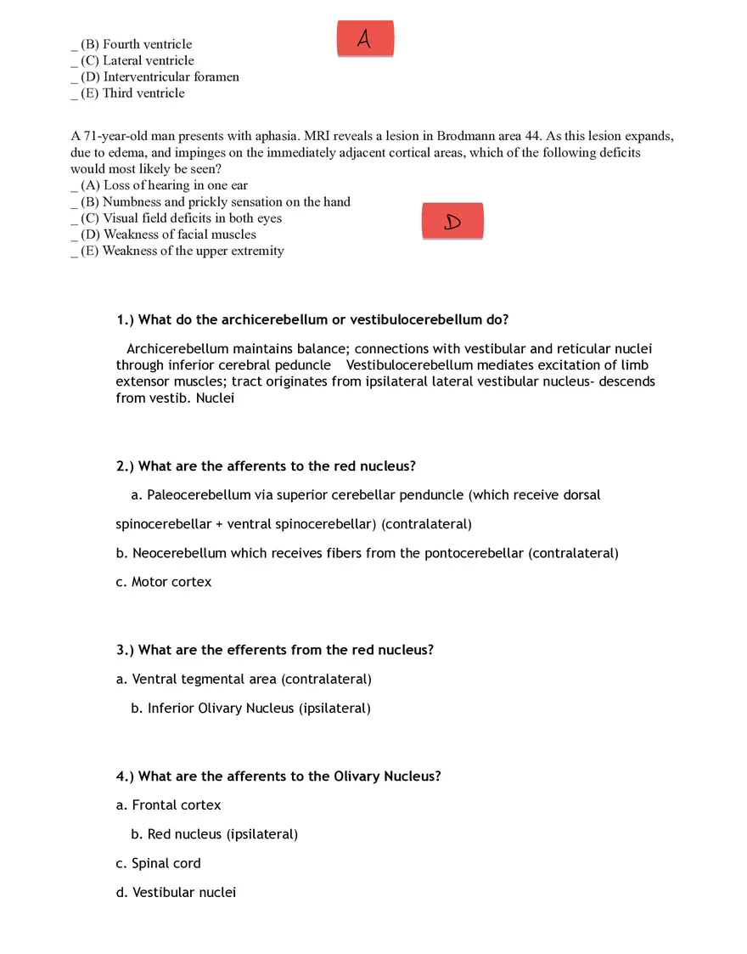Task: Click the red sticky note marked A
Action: [x=365, y=39]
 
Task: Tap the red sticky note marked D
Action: [x=452, y=222]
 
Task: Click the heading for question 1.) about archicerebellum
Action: [x=312, y=319]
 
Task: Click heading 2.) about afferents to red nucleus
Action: [x=266, y=466]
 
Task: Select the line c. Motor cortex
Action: [x=164, y=582]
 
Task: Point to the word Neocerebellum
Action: [x=179, y=553]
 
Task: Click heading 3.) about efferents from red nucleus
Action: [x=275, y=650]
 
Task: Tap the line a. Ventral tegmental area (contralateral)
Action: [x=244, y=679]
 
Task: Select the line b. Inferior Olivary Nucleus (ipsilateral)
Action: [x=250, y=708]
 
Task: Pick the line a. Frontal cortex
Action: [x=168, y=804]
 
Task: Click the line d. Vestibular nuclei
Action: [x=176, y=892]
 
